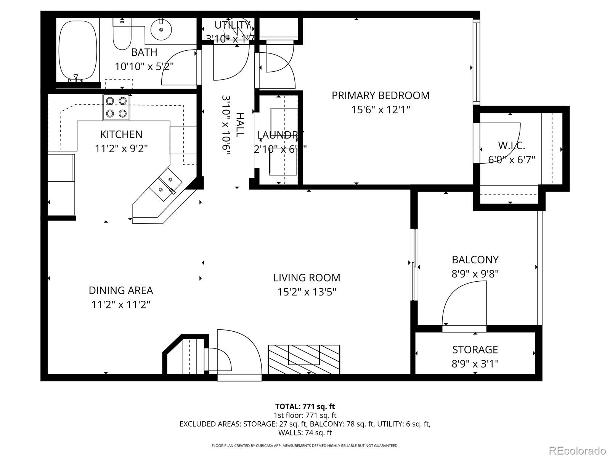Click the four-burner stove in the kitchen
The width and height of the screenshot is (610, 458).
click(x=116, y=107)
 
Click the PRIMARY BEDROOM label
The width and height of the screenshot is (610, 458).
click(x=380, y=95)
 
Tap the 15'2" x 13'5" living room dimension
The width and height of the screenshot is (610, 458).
click(x=307, y=292)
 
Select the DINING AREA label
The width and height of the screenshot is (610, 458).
click(x=120, y=290)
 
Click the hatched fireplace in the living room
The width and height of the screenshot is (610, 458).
click(x=304, y=359)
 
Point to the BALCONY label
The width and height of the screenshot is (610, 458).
click(x=475, y=260)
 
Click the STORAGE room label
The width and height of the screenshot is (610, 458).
click(x=475, y=350)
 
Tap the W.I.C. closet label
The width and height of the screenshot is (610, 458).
click(x=511, y=145)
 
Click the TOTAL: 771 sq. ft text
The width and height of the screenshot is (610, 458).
click(x=305, y=406)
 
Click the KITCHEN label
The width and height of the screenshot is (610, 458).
click(x=121, y=134)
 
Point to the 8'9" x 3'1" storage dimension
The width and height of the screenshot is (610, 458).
click(x=475, y=364)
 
